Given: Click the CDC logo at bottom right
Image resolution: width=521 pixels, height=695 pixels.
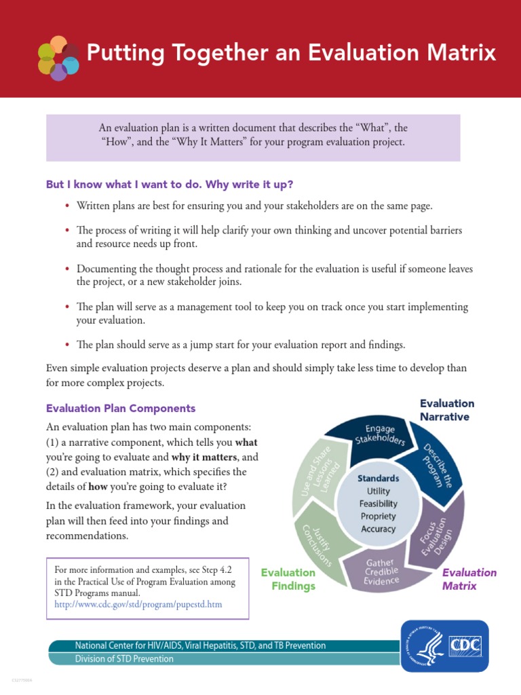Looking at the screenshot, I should pos(444,645).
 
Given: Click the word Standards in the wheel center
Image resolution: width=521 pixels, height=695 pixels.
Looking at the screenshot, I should pos(378,478).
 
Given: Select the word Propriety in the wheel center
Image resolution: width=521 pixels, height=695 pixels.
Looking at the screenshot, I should pos(378,516).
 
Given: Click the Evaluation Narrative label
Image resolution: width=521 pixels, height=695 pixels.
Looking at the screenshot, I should pos(447,410).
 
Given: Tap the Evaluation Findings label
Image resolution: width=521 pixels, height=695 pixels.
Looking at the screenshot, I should pos(288,579).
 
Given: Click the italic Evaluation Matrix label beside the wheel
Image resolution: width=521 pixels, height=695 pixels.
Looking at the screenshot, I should pos(469,579).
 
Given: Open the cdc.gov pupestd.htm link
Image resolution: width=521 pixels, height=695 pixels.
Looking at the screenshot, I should pos(138,604).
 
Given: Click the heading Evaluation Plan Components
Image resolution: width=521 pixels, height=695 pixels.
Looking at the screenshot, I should pos(120,409).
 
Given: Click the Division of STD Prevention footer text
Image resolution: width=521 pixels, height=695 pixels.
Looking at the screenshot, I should pos(124,659).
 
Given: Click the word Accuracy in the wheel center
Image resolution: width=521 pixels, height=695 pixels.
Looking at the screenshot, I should pos(378,529).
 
